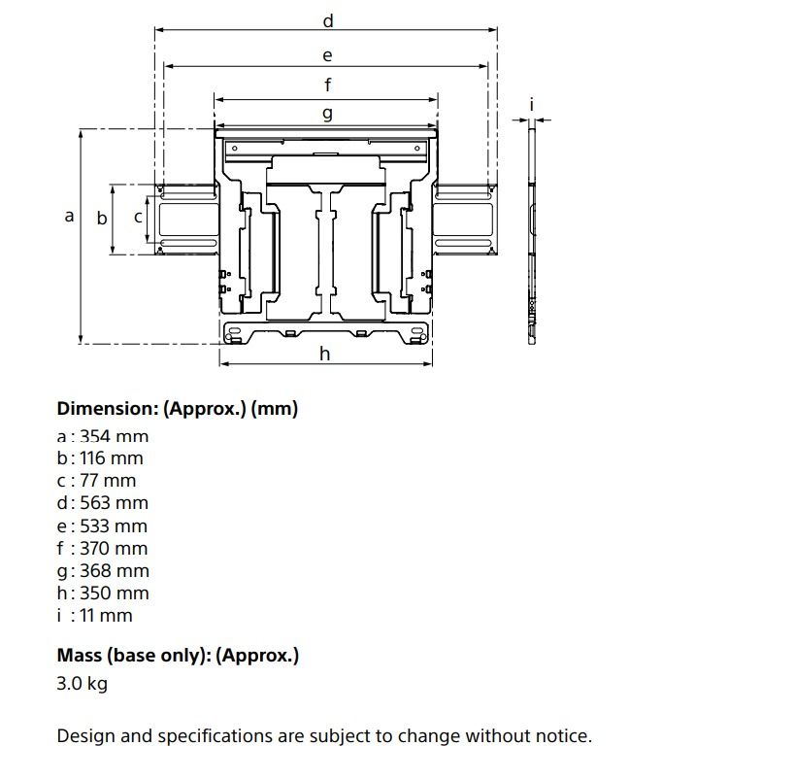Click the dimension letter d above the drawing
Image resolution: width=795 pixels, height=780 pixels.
328,20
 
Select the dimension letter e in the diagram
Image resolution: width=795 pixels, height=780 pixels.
327,55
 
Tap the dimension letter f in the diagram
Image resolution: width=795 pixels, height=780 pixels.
328,85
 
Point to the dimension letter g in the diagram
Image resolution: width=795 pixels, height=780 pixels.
327,114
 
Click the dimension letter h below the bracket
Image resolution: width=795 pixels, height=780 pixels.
325,354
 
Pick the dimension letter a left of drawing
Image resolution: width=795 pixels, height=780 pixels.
69,216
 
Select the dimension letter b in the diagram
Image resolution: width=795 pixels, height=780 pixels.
101,219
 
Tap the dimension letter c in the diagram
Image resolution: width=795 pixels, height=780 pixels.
138,218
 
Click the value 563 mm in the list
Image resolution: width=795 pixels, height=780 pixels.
114,503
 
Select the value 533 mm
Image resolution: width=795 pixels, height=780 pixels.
114,526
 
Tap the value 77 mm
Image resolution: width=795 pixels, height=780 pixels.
109,481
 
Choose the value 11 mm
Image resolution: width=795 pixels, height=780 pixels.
107,616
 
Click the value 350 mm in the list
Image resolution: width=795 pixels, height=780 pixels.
115,593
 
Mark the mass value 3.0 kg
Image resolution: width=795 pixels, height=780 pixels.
83,683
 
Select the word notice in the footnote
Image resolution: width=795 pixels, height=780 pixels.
561,736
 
